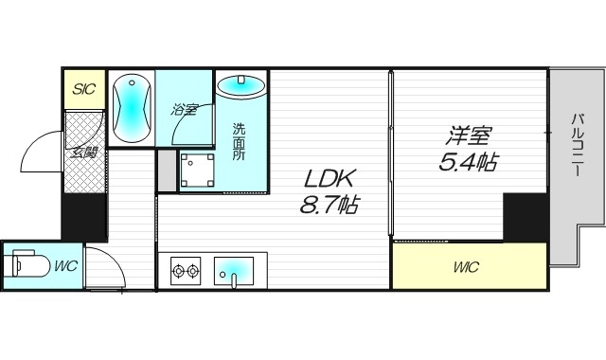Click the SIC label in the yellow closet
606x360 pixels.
pyautogui.click(x=83, y=90)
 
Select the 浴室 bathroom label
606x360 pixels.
pyautogui.click(x=185, y=110)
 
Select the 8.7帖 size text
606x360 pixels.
pyautogui.click(x=329, y=204)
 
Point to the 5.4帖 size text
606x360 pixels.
pyautogui.click(x=467, y=162)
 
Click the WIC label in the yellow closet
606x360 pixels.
pyautogui.click(x=465, y=268)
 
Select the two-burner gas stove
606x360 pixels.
pyautogui.click(x=185, y=271)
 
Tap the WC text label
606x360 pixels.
pyautogui.click(x=65, y=266)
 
